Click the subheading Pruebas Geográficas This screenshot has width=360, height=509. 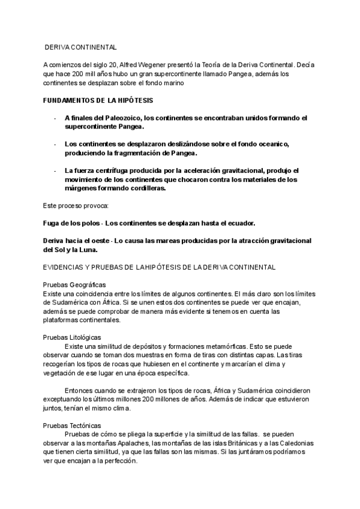tap(75, 285)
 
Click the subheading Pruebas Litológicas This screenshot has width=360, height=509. tap(73, 338)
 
